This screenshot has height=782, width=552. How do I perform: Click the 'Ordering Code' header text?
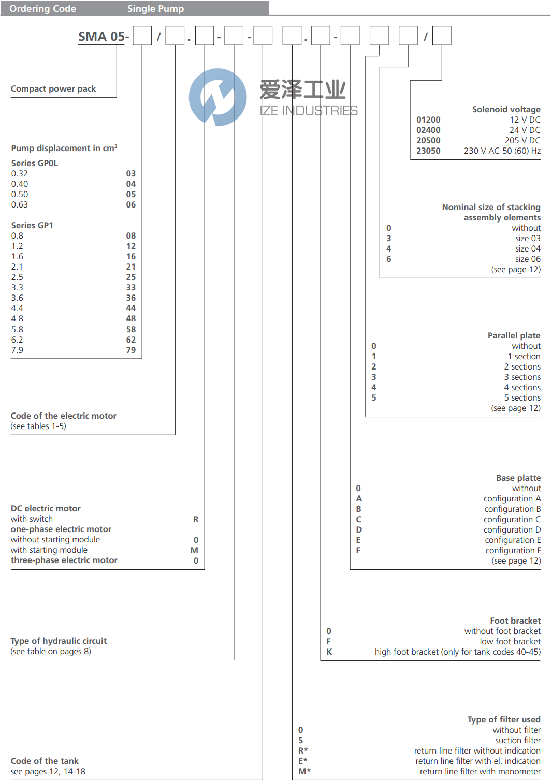(x=42, y=9)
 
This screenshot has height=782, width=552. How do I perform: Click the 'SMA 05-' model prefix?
(x=103, y=37)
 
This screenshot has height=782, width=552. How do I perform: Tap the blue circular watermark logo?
(x=217, y=97)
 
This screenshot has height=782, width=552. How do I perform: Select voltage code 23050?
(x=428, y=151)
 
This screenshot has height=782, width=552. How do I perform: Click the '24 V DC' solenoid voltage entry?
(x=525, y=130)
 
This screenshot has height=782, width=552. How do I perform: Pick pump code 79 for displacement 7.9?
(x=131, y=350)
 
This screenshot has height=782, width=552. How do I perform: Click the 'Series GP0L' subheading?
(x=35, y=164)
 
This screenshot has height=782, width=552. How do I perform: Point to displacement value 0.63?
(x=20, y=205)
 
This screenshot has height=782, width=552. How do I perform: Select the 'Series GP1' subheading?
(x=32, y=226)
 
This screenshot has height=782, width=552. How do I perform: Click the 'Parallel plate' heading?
(x=514, y=336)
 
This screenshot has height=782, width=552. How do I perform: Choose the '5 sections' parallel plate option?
(x=522, y=398)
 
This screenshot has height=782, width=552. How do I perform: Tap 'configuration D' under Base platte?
(x=512, y=530)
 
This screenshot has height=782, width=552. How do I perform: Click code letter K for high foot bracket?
(x=329, y=652)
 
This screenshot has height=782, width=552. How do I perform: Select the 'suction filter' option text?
(x=517, y=741)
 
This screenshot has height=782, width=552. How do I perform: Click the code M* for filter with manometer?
(x=304, y=772)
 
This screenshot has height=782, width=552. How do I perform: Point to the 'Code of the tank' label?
(x=45, y=761)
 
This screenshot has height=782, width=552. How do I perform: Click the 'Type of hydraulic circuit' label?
(x=59, y=641)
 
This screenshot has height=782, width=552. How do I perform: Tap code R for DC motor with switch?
(x=196, y=519)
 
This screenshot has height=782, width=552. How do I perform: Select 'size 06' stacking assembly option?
(x=527, y=259)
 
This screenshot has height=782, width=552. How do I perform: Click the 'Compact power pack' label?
(x=53, y=89)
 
